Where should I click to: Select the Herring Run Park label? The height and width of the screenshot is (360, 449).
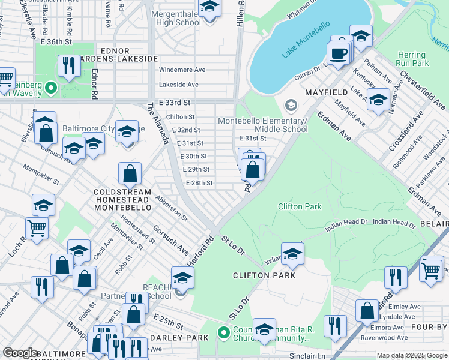[x=412, y=59]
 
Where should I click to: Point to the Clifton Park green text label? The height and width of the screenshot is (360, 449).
[x=299, y=206]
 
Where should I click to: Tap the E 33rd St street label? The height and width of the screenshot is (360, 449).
[x=175, y=103]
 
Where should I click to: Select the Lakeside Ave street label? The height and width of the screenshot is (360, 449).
[x=178, y=85]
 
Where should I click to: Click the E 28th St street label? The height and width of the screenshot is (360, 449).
[x=199, y=183]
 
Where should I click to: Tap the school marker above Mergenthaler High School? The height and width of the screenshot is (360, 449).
[x=209, y=8]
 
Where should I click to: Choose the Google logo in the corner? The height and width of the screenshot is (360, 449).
[x=20, y=353]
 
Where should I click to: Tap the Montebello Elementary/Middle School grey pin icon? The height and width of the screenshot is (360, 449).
[x=291, y=106]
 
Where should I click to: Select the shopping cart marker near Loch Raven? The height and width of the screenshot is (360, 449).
[x=37, y=228]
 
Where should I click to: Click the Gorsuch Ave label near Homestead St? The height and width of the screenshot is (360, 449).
[x=170, y=238]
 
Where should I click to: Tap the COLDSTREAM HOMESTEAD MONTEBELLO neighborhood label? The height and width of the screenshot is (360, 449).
[x=122, y=199]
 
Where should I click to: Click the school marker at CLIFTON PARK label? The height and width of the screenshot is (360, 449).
[x=292, y=254]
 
